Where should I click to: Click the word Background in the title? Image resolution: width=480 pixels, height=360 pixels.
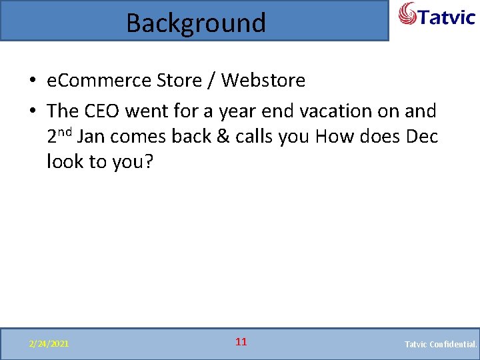[x=195, y=23]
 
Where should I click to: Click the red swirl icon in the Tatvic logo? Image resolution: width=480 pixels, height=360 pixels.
[x=409, y=14]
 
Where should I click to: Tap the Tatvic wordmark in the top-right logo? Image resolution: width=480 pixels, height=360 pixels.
[x=447, y=16]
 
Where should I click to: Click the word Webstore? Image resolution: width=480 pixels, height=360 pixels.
[x=263, y=81]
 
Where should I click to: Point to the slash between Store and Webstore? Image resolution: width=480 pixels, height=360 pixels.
[x=211, y=81]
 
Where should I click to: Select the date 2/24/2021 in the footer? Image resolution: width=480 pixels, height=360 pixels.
[x=48, y=344]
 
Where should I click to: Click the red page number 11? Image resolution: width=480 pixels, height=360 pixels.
[x=241, y=342]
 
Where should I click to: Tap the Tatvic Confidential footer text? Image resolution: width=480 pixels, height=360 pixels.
[x=441, y=344]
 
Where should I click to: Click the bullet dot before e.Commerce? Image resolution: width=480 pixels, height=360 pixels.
[x=32, y=81]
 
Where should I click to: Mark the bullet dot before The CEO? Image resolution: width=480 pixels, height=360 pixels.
[x=32, y=111]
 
